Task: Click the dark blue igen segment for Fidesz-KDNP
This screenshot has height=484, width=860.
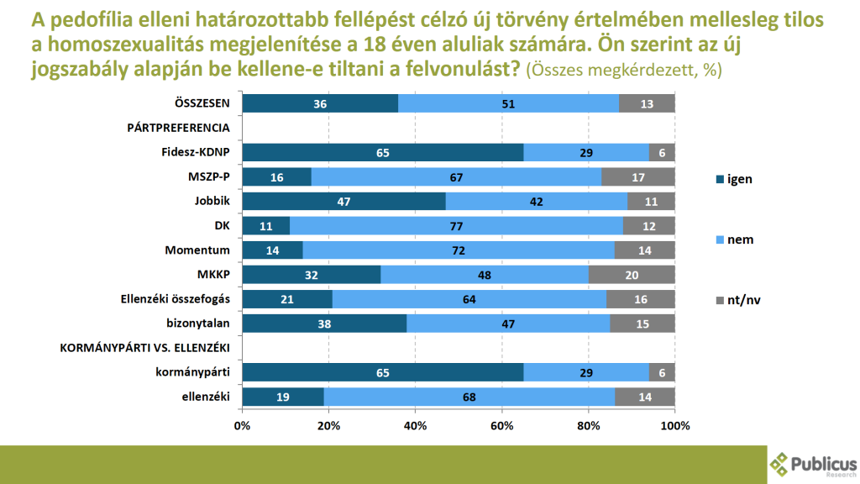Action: (383, 152)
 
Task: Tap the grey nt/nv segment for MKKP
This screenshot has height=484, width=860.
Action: (632, 275)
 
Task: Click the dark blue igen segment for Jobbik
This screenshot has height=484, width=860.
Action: (343, 202)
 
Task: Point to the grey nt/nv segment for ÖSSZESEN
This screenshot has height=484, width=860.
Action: (647, 103)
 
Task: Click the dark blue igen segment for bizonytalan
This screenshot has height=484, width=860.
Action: (324, 324)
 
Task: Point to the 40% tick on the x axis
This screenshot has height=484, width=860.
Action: (416, 426)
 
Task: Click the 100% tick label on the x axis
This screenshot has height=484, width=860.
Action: (674, 426)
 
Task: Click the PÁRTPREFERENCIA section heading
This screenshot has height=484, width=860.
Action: (178, 128)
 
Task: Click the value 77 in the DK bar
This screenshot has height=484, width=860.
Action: (457, 226)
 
